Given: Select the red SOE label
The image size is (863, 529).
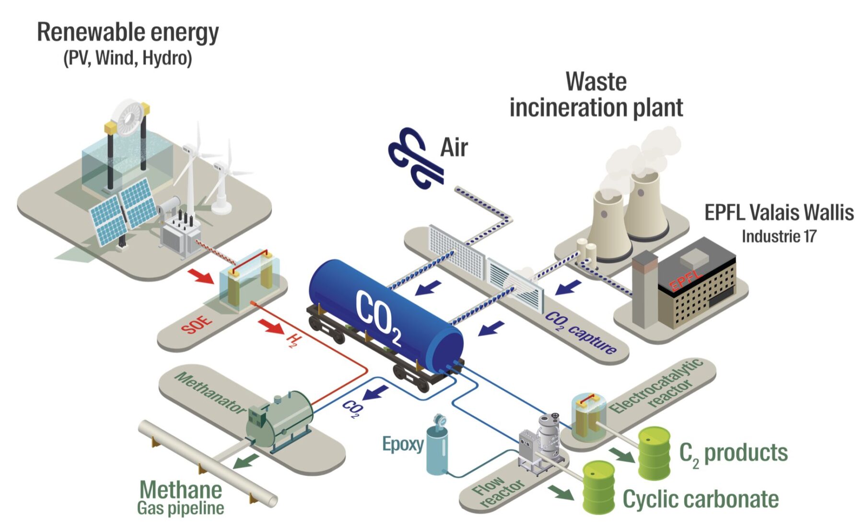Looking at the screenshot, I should tap(197, 324).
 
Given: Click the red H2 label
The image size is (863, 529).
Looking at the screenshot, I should tap(294, 341).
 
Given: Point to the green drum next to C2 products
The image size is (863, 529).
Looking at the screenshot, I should tap(654, 453).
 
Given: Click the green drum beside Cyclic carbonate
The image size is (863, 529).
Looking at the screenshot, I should tap(598, 487).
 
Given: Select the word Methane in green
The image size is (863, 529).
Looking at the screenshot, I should tap(181, 490).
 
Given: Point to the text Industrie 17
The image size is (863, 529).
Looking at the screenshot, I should tap(779, 236).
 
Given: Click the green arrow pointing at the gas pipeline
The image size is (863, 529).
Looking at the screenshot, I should tap(246, 461).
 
